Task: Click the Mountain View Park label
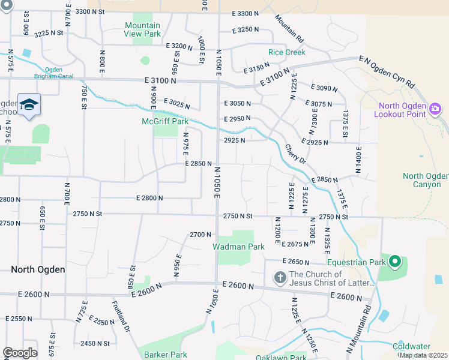pyautogui.click(x=142, y=29)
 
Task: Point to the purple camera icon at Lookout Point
pyautogui.click(x=436, y=109)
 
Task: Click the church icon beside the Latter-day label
pyautogui.click(x=279, y=278)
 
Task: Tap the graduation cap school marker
pyautogui.click(x=29, y=105)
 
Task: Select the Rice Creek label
pyautogui.click(x=286, y=52)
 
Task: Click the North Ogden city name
pyautogui.click(x=38, y=269)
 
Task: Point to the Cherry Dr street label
pyautogui.click(x=295, y=155)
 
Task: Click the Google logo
pyautogui.click(x=19, y=353)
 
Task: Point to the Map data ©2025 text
pyautogui.click(x=423, y=355)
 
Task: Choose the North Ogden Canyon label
pyautogui.click(x=425, y=180)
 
